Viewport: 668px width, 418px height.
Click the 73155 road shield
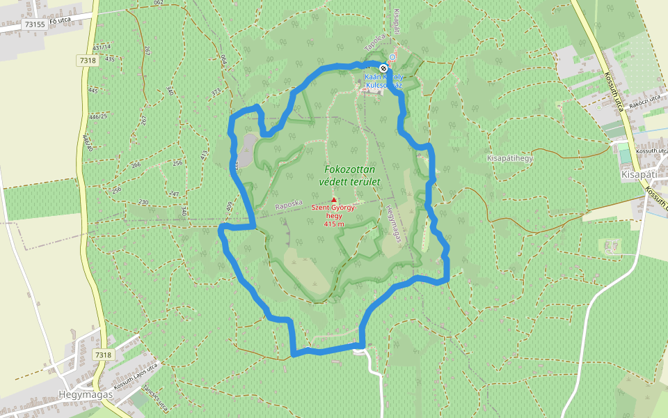click(34, 24)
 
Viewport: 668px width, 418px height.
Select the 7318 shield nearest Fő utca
click(88, 61)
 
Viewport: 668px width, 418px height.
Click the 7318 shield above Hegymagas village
click(103, 355)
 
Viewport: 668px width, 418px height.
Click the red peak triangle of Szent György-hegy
click(334, 200)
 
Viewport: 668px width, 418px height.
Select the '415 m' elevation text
click(334, 224)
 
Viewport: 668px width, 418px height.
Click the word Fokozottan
click(350, 169)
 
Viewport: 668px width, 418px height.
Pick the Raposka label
click(289, 206)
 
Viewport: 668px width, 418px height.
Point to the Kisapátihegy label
click(510, 159)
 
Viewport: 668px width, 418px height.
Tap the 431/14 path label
click(102, 47)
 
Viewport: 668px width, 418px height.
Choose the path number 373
click(216, 91)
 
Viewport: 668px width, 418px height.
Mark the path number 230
click(143, 202)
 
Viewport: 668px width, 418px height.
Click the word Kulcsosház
click(384, 84)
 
